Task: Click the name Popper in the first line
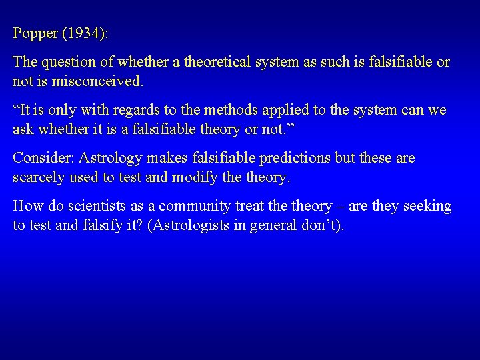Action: tap(31, 33)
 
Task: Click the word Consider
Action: tap(43, 158)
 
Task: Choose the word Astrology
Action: tap(110, 158)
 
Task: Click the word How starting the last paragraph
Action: tap(26, 207)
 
